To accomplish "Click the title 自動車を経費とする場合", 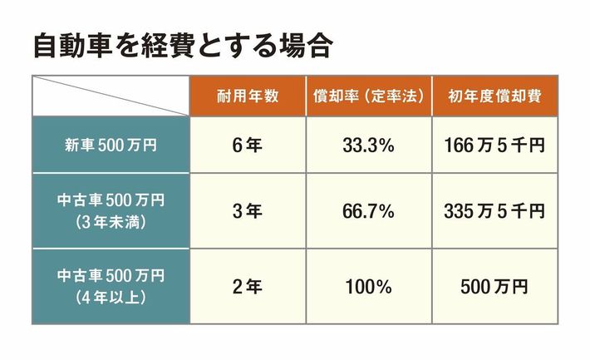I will click(182, 47).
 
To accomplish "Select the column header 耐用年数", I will click(248, 96).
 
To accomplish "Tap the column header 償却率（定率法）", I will click(367, 96).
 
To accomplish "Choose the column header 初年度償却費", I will click(494, 96).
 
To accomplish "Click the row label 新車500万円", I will click(111, 145).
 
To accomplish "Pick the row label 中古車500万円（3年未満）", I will click(111, 210).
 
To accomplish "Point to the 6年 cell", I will click(248, 145).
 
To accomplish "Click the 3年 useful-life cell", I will click(248, 211).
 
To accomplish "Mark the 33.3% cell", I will click(367, 145).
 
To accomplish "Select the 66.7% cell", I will click(367, 211).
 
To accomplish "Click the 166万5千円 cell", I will click(494, 145).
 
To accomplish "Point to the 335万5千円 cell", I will click(494, 211).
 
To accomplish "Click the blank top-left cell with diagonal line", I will click(111, 96).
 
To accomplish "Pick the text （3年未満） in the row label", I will click(111, 222).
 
